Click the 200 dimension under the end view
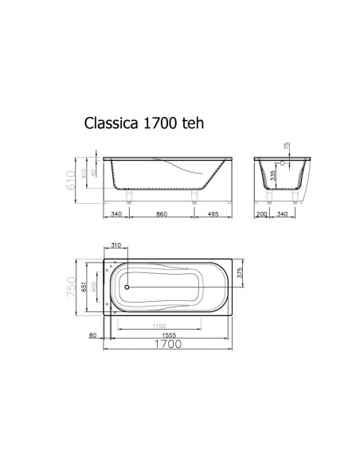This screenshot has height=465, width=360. pyautogui.click(x=261, y=213)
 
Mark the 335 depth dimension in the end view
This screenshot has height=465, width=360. pyautogui.click(x=273, y=176)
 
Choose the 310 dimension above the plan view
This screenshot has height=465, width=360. pyautogui.click(x=116, y=246)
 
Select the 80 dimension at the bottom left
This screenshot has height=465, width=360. pyautogui.click(x=93, y=335)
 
